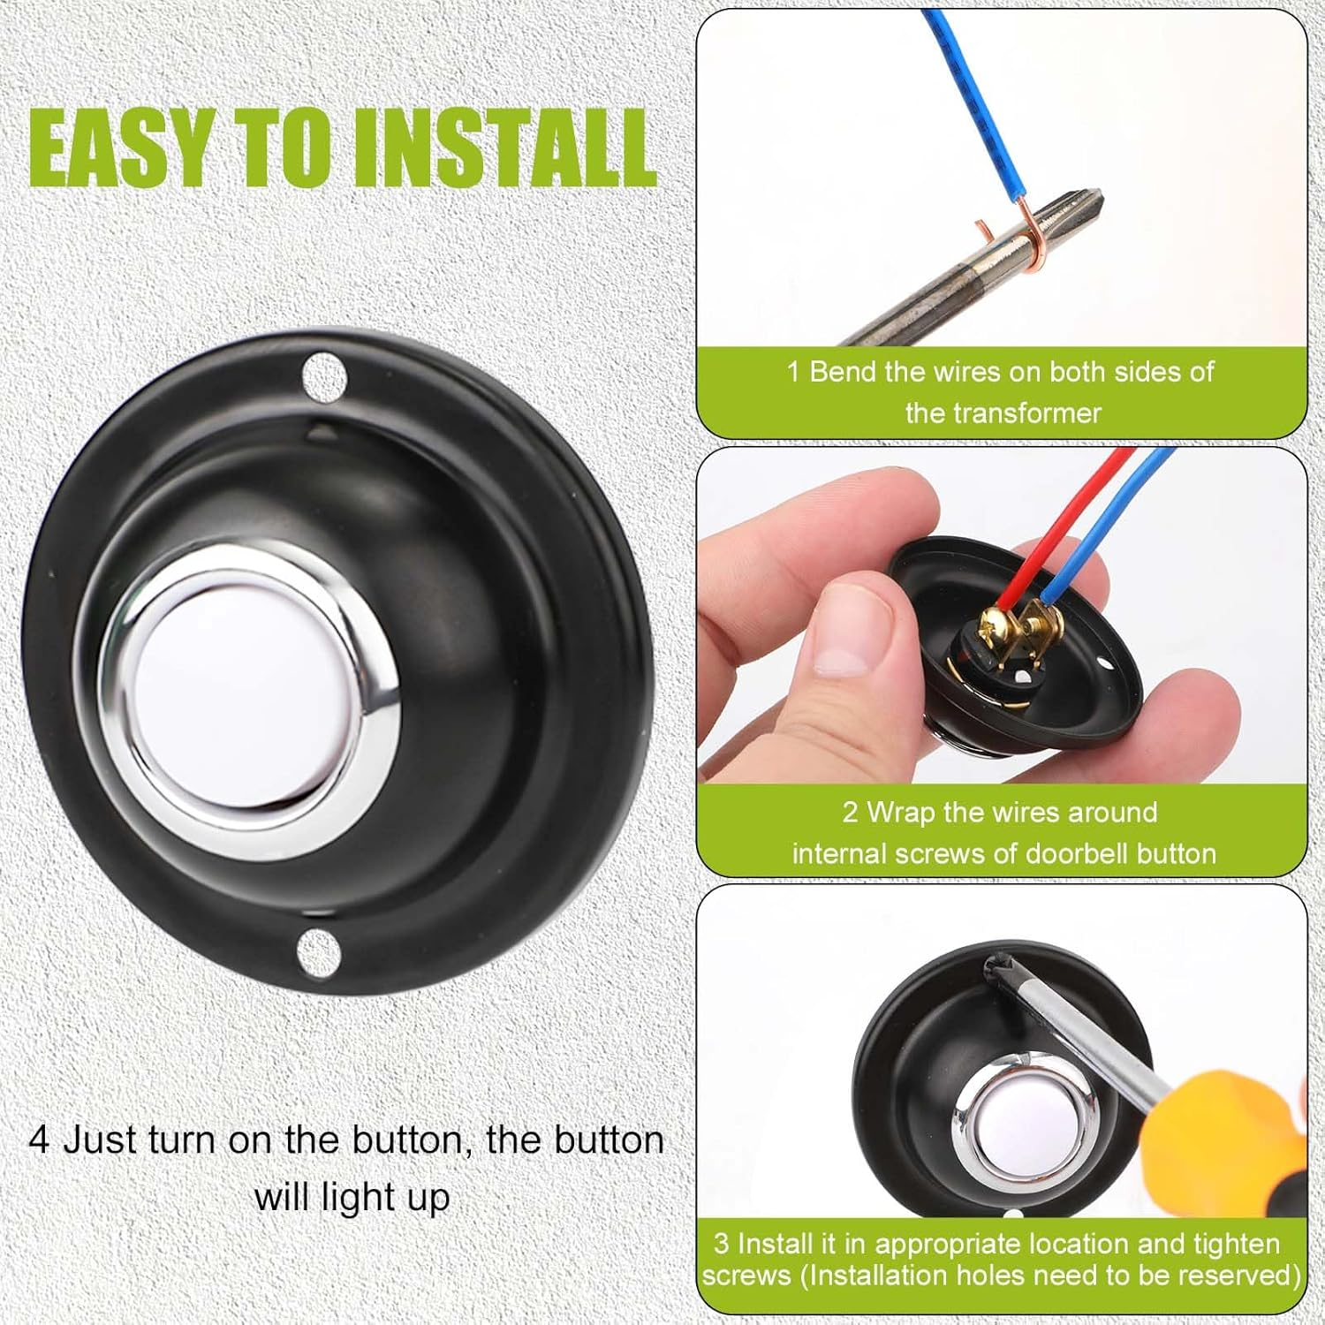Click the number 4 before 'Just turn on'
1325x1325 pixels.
pos(39,1139)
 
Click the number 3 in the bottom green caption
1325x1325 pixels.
pos(721,1244)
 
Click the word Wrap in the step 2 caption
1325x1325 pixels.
pos(900,812)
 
